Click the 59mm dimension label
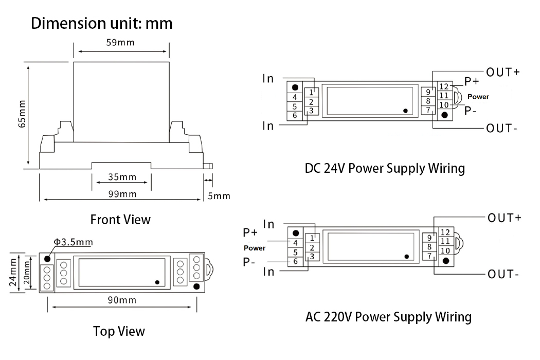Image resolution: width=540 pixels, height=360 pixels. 120,42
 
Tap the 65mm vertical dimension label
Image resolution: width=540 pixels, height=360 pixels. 22,114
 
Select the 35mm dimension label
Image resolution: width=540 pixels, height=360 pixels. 122,177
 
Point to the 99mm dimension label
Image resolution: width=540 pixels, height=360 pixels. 122,194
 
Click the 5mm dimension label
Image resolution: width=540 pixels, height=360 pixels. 220,196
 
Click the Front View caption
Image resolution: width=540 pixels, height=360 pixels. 120,220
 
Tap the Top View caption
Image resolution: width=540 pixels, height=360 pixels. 119,331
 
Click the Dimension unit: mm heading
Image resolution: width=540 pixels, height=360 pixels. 101,24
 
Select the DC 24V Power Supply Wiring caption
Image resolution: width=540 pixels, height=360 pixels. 385,168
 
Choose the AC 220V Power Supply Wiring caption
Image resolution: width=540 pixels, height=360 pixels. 388,316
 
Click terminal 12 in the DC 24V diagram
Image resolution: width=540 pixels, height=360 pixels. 444,86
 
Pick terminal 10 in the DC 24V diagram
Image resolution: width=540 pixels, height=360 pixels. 444,105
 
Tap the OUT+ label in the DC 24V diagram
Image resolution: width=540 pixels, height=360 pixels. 503,72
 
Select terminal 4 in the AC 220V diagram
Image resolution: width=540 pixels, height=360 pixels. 296,243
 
